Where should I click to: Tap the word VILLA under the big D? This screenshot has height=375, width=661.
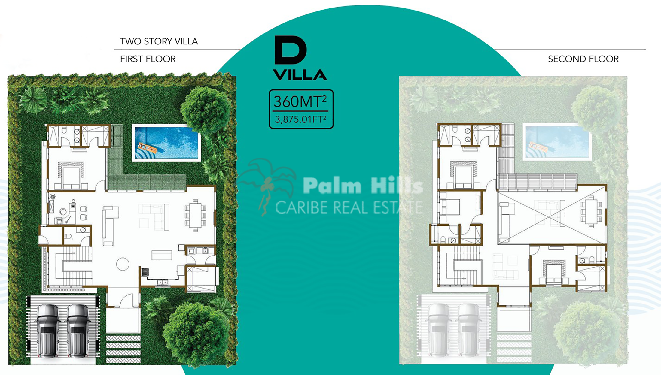click(300, 75)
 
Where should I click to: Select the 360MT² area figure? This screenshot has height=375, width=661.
click(300, 101)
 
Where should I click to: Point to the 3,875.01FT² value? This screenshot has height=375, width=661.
click(300, 119)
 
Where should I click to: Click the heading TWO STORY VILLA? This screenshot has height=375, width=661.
click(159, 41)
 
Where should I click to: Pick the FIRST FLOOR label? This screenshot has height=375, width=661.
click(148, 59)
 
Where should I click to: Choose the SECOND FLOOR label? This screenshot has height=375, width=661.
click(583, 59)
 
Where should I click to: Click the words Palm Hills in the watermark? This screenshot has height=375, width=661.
click(363, 185)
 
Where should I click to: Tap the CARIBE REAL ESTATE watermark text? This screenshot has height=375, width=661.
click(349, 208)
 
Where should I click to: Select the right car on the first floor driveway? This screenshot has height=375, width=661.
click(78, 330)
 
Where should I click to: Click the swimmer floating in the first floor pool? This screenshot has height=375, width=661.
click(147, 148)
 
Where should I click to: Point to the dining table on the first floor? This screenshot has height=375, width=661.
click(195, 215)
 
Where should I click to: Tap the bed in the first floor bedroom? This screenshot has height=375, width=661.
click(71, 176)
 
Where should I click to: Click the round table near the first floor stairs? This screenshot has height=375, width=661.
click(123, 264)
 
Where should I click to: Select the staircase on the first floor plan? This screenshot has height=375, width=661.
click(71, 266)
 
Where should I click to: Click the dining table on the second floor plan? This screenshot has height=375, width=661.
click(591, 211)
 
